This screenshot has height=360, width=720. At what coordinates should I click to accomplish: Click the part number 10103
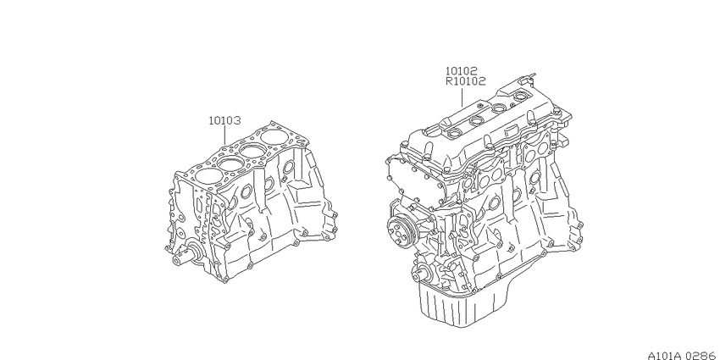[224, 121]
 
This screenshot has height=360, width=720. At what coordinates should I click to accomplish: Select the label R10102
[466, 81]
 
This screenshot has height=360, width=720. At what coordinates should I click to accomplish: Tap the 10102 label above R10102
[461, 71]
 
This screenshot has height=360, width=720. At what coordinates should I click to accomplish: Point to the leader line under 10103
[224, 136]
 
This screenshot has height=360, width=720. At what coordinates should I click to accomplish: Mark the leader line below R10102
[462, 97]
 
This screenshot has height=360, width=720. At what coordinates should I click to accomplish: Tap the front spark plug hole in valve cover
[454, 134]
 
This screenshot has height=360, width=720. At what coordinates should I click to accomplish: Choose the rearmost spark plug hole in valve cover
[523, 96]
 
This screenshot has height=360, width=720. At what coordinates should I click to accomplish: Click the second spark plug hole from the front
[478, 121]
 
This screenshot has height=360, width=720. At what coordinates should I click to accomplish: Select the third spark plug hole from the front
[499, 108]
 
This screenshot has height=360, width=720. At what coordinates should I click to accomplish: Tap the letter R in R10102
[449, 81]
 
